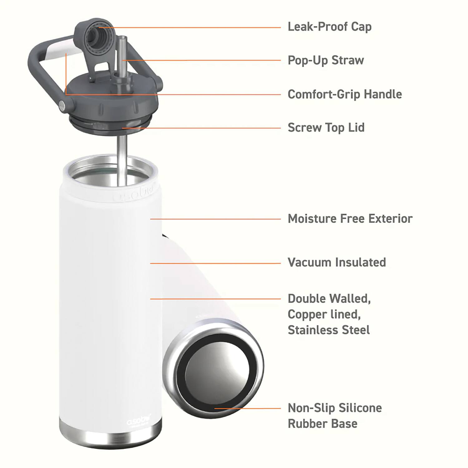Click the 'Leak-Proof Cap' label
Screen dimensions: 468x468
[x=329, y=27]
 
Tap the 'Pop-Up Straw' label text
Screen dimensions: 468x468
[x=325, y=60]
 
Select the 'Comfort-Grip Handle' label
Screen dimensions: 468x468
[x=344, y=94]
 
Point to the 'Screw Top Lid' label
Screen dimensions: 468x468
[x=326, y=128]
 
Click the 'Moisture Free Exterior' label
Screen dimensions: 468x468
[x=350, y=219]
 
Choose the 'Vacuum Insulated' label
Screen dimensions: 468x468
[x=336, y=262]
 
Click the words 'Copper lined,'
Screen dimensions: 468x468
[x=324, y=314]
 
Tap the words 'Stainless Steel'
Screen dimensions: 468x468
[x=328, y=330]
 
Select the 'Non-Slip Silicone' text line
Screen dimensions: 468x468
[x=334, y=408]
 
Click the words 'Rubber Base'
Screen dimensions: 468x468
[x=322, y=424]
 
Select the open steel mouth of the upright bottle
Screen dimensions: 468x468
[x=109, y=175]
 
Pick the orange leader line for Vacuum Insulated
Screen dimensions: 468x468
[x=215, y=263]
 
